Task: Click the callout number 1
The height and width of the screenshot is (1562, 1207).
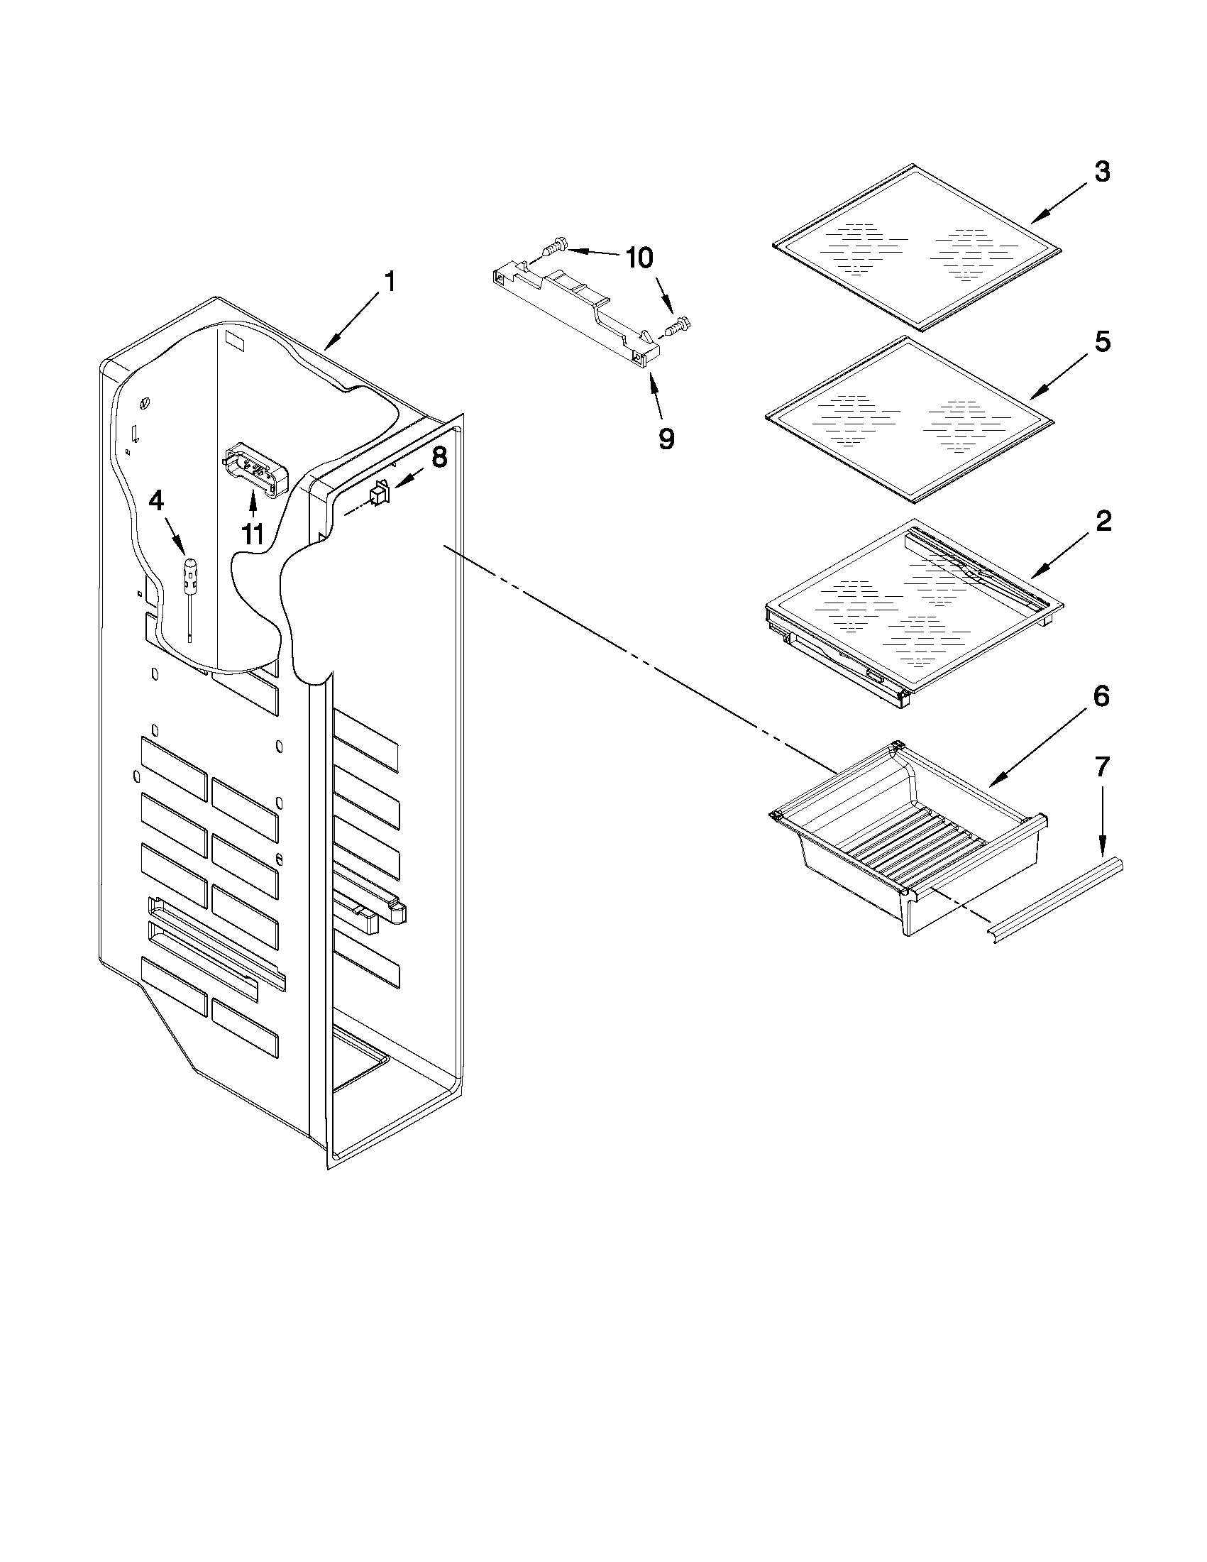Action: click(389, 282)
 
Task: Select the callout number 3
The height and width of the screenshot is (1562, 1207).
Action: click(1102, 172)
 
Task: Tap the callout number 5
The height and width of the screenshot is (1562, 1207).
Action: click(1102, 342)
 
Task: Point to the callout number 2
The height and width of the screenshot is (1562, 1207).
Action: click(1103, 521)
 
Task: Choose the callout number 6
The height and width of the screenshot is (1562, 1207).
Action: click(1101, 696)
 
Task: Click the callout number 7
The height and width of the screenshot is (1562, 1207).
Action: click(1102, 767)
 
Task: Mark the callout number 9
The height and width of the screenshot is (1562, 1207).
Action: click(665, 438)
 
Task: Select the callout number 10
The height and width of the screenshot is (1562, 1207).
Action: click(639, 258)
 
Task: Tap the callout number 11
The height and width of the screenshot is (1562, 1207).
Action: click(253, 534)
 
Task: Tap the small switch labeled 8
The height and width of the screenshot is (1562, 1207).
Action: click(379, 495)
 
